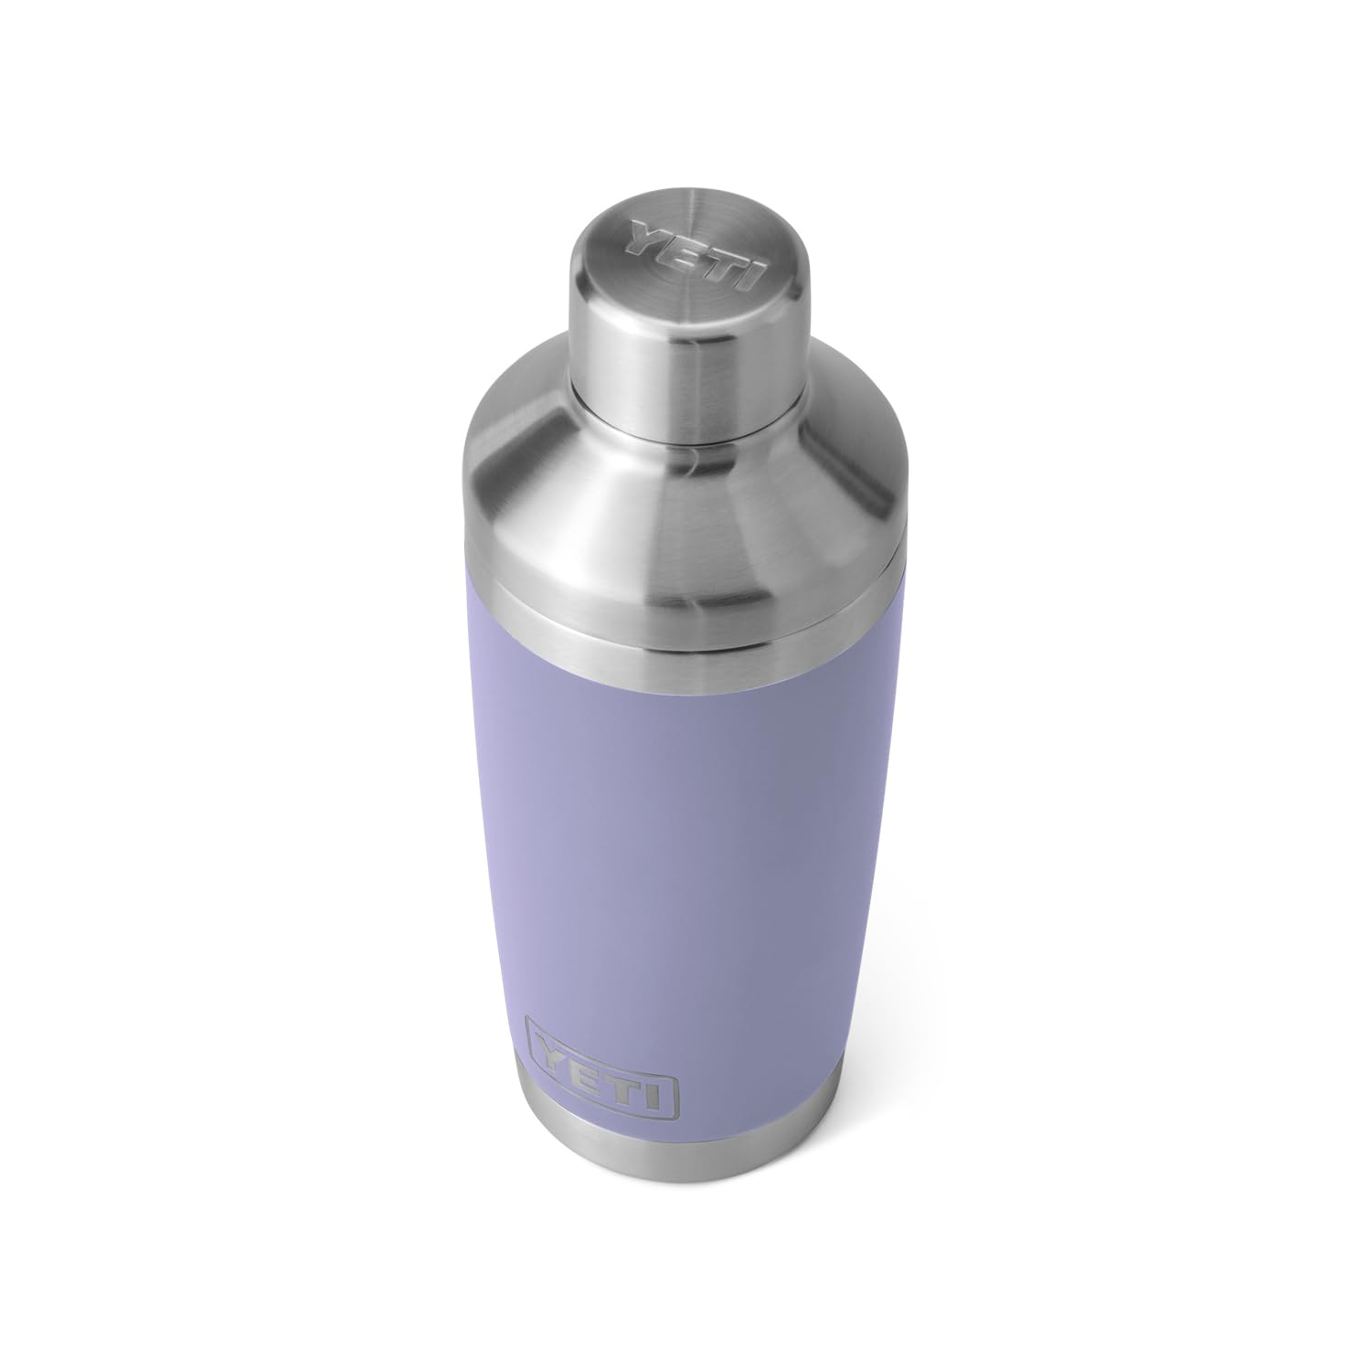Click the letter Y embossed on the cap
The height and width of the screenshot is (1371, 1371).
coord(641,245)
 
